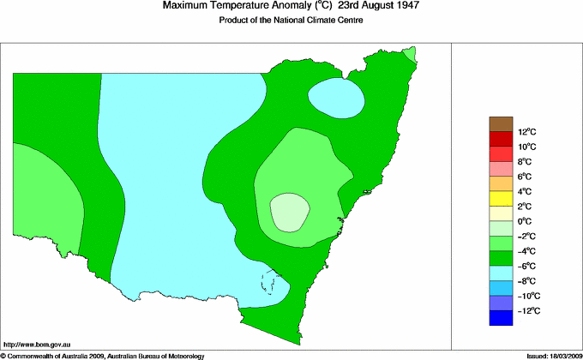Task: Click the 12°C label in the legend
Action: (526, 132)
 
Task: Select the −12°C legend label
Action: (526, 310)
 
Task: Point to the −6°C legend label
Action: (526, 266)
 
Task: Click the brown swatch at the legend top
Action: (501, 123)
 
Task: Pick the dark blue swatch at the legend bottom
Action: (501, 318)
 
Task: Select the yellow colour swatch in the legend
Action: (501, 199)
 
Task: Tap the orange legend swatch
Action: (501, 183)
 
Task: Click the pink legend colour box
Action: (501, 169)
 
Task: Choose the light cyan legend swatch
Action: (501, 273)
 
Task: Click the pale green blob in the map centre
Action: (289, 212)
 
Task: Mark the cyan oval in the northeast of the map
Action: (338, 97)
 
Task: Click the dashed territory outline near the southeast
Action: (273, 282)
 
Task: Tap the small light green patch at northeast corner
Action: (411, 55)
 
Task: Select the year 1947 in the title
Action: (406, 7)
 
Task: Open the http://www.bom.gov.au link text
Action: (38, 343)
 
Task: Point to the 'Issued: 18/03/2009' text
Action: (552, 355)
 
